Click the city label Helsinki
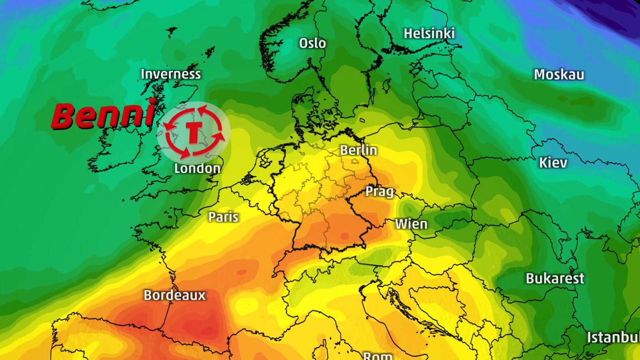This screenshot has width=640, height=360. [429, 34]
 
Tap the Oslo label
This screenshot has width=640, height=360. [312, 43]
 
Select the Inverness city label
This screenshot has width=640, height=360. [171, 74]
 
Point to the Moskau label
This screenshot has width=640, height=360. [559, 74]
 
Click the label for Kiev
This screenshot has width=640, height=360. [553, 163]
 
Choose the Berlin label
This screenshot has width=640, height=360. [358, 150]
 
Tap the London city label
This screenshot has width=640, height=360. [197, 168]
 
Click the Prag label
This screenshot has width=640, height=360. [380, 192]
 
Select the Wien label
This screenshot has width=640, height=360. [411, 224]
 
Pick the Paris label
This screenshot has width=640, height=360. [223, 217]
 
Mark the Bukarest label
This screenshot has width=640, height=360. [555, 278]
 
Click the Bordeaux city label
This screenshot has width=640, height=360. [174, 295]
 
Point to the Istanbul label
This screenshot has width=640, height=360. [613, 337]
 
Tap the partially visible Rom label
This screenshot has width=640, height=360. [378, 356]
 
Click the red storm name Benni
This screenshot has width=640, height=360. [103, 115]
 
